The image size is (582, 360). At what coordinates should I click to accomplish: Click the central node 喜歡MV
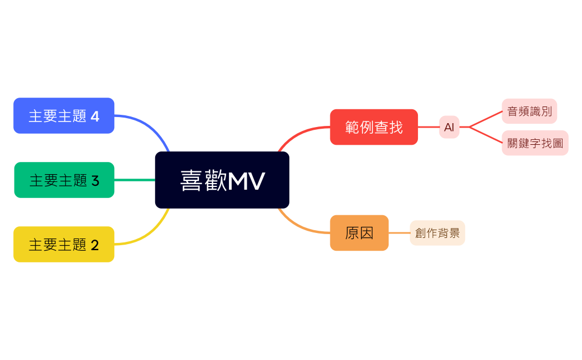tap(222, 180)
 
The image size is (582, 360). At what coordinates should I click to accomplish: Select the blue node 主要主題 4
tap(64, 116)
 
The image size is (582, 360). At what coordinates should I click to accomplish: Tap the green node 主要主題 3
tap(64, 180)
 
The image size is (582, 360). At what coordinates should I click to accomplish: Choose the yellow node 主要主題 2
tap(64, 244)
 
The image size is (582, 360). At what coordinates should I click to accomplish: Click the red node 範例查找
tap(374, 127)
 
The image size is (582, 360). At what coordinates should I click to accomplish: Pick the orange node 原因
tap(359, 233)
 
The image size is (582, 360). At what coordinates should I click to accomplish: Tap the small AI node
tap(449, 127)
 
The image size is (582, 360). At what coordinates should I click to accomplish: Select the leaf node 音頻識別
tap(529, 111)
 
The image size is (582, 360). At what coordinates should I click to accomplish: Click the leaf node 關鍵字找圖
tap(535, 143)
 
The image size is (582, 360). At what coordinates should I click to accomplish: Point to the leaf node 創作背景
tap(437, 233)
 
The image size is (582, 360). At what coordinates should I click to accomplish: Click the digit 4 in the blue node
tap(95, 116)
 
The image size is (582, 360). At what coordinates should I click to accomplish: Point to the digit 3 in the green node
tap(95, 181)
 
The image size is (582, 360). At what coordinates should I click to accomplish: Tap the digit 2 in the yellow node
tap(95, 245)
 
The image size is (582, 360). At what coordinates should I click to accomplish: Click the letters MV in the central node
tap(246, 181)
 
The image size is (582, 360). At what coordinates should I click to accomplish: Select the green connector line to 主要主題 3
tap(135, 180)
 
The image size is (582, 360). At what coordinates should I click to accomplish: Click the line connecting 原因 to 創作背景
tap(399, 233)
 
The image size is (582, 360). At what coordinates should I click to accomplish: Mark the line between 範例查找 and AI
tap(428, 127)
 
